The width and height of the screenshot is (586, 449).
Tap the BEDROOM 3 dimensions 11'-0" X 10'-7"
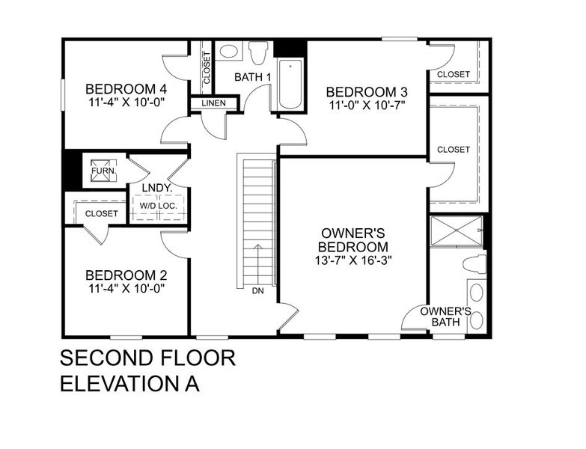pos(367,106)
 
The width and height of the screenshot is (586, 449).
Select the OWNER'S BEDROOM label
pos(353,239)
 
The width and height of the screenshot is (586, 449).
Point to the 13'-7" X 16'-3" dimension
pos(353,260)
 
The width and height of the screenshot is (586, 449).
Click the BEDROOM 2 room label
pos(125,274)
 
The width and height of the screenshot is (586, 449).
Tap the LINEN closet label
pos(213,103)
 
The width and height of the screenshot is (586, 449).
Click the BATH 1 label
pos(252,77)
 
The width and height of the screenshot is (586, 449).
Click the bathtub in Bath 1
pos(289,85)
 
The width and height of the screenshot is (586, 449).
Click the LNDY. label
pos(158,189)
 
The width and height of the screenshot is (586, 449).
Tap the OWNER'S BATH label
pos(445,317)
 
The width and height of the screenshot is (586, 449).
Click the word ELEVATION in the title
pos(120,383)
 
